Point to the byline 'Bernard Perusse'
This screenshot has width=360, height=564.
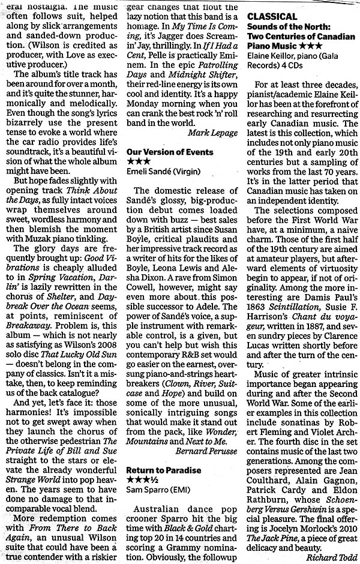point(206,450)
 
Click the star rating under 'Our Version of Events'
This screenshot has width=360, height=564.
point(139,162)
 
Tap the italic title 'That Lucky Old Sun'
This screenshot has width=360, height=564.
point(90,337)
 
